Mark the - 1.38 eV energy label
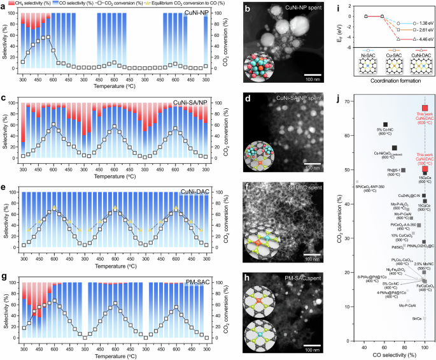click(x=416, y=22)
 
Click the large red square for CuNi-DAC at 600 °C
click(x=425, y=108)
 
